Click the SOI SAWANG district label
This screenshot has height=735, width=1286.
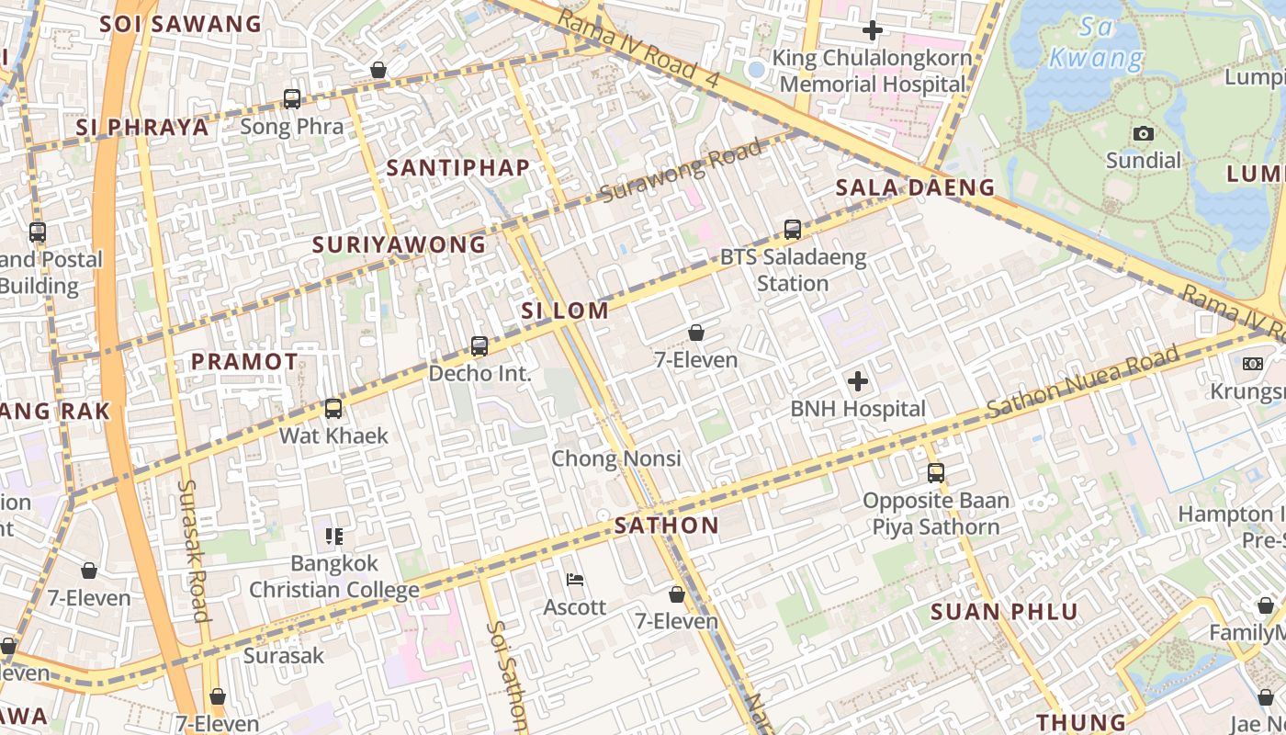click(x=181, y=24)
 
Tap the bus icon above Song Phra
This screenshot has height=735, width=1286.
click(x=292, y=99)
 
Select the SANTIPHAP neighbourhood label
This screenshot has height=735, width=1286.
click(x=458, y=167)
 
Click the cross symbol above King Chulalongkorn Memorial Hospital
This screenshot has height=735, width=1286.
click(x=872, y=30)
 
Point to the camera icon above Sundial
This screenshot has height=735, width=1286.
click(x=1144, y=134)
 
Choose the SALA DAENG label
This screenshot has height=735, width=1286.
click(x=915, y=187)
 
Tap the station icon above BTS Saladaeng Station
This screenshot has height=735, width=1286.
click(x=793, y=230)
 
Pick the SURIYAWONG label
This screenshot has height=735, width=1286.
click(x=399, y=244)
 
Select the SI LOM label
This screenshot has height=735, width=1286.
click(x=565, y=311)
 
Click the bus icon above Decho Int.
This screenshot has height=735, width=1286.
click(x=479, y=346)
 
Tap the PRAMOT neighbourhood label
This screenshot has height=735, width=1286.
click(x=244, y=362)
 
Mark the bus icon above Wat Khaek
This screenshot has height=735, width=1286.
click(x=333, y=409)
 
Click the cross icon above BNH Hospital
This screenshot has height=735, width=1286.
click(x=858, y=380)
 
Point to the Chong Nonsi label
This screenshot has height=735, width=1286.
click(x=616, y=458)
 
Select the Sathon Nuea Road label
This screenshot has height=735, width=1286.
click(x=1084, y=383)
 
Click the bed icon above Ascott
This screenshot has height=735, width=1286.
click(x=575, y=580)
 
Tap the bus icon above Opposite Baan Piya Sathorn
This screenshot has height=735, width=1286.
click(x=936, y=473)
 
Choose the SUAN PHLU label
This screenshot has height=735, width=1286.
click(x=1005, y=612)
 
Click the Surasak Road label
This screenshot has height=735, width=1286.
click(x=194, y=549)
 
